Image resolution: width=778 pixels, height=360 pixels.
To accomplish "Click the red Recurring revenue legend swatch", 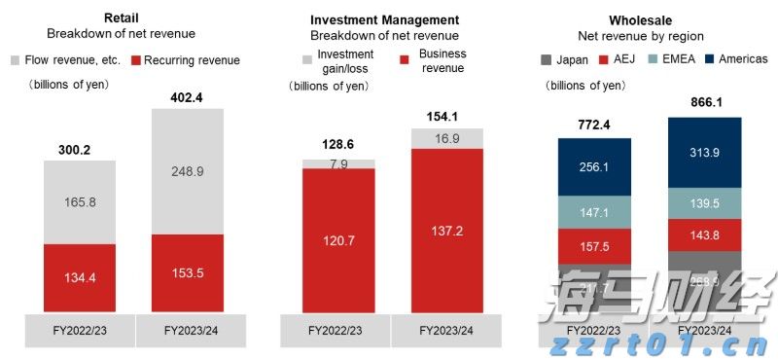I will point(135,60).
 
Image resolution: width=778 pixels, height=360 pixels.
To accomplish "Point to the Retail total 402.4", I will point(187,97).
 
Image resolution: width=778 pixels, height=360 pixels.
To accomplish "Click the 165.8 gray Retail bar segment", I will point(79,202).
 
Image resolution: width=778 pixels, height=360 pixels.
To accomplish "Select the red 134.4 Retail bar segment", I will point(79,278).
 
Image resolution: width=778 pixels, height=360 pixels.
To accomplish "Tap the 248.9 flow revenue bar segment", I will point(187,171).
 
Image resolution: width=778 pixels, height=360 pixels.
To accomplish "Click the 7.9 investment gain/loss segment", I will point(339,163).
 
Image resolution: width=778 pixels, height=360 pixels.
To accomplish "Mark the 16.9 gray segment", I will point(446,138).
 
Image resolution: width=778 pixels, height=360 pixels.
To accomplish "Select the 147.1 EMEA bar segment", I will point(594,211).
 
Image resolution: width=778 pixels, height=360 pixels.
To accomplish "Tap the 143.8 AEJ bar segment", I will point(704,235).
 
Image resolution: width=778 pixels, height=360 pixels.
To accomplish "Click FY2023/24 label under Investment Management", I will point(446,330).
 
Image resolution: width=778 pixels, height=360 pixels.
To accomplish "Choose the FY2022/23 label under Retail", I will point(79,330).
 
